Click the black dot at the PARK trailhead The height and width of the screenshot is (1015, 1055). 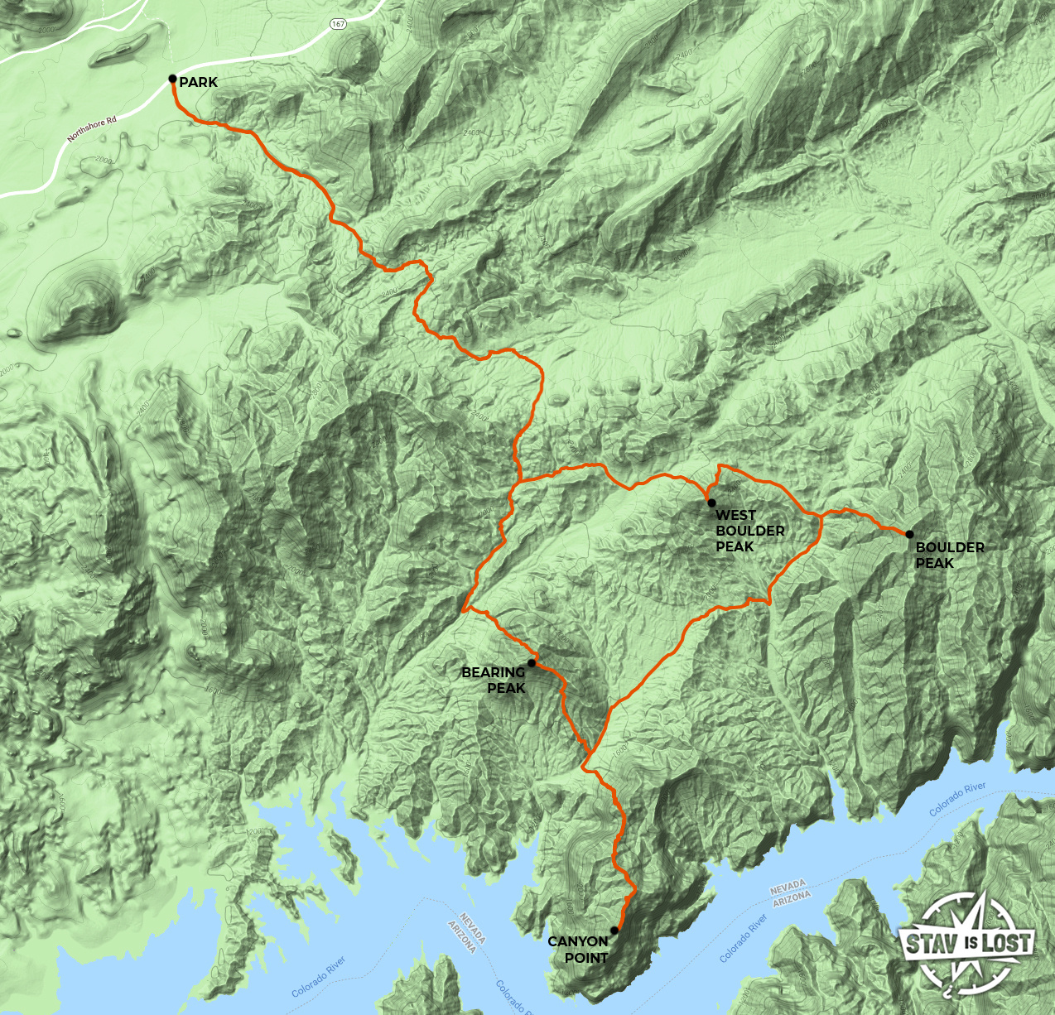[x=172, y=79]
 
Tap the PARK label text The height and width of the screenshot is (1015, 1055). [x=199, y=82]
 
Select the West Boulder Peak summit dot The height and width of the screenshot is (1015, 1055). [x=711, y=503]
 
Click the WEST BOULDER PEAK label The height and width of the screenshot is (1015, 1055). [x=749, y=531]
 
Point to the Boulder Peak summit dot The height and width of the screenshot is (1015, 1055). [x=909, y=534]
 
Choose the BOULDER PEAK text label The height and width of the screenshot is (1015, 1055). [x=949, y=555]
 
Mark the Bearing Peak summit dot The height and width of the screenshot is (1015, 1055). [x=532, y=663]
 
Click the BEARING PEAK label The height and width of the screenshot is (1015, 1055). [x=494, y=681]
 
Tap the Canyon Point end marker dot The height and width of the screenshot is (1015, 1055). [x=614, y=931]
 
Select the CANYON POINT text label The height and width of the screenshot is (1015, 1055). [x=578, y=950]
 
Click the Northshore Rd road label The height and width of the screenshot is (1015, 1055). [x=92, y=129]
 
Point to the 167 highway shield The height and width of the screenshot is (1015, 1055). [x=338, y=24]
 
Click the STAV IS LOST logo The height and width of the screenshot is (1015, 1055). [x=967, y=942]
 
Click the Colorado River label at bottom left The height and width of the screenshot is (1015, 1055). [x=318, y=978]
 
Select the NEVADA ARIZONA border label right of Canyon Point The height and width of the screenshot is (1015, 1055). [x=790, y=894]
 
